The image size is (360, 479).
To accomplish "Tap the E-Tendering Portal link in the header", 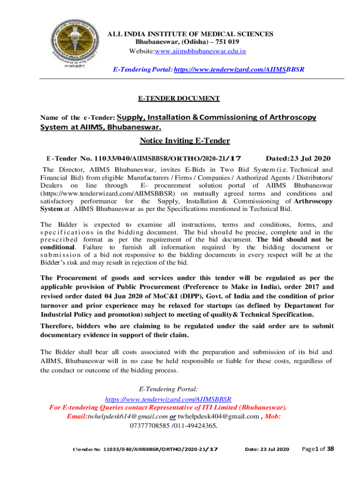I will (239, 69).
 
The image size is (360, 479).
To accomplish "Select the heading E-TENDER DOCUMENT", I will (178, 98).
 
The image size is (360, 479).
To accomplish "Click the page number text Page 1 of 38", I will (317, 449).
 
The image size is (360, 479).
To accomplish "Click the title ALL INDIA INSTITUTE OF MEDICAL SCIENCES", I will (191, 34).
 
